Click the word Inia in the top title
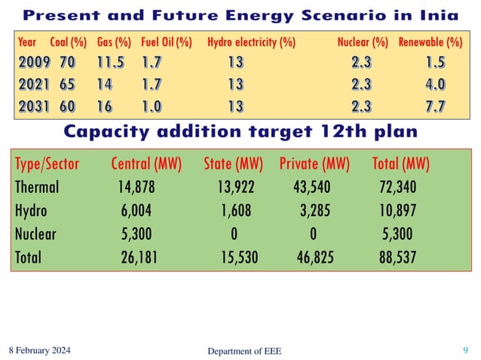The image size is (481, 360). [x=449, y=14]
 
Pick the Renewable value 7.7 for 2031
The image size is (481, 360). [x=434, y=105]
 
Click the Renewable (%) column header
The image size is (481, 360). [x=430, y=43]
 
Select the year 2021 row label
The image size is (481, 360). [x=31, y=84]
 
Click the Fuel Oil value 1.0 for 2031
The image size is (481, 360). [x=152, y=105]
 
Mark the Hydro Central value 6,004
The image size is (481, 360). [x=136, y=210]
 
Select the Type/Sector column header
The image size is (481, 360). [x=47, y=163]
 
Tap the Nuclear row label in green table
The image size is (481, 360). [x=35, y=233]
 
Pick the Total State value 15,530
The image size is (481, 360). [x=239, y=257]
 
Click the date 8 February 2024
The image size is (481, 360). [x=47, y=349]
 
